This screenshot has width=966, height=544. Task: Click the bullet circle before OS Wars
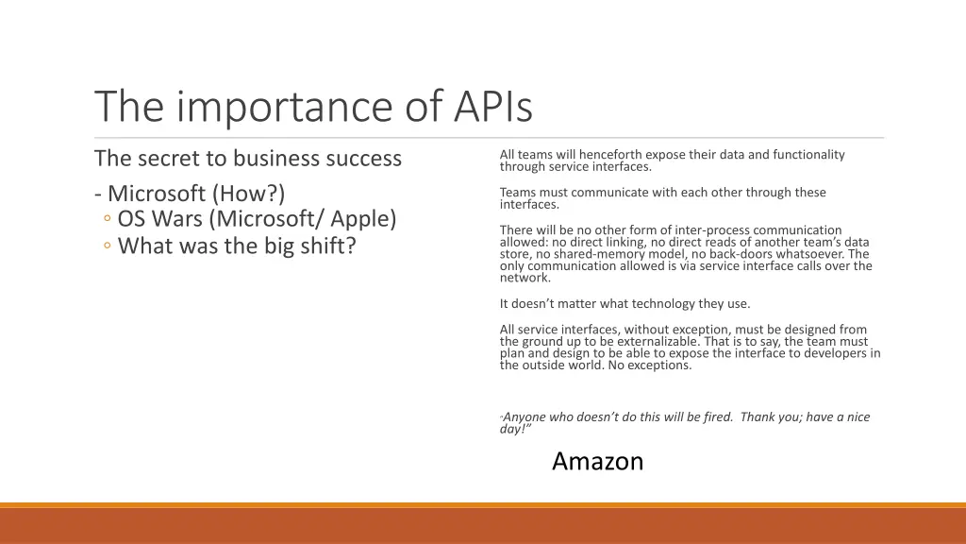[x=108, y=220]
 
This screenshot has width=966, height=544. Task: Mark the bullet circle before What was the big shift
[x=108, y=247]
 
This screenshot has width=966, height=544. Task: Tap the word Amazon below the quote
[x=597, y=461]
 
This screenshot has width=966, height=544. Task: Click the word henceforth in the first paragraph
[x=608, y=155]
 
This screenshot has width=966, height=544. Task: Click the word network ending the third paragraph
[x=525, y=278]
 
